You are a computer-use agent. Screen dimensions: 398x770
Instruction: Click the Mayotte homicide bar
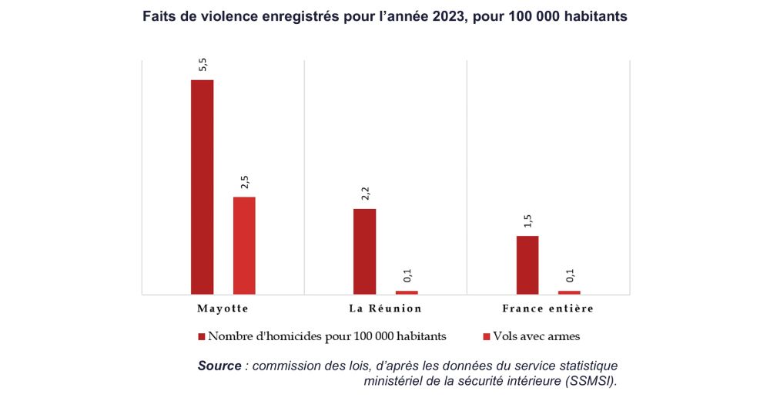pos(203,187)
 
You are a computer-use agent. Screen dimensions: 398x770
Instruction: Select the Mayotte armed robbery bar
pos(244,245)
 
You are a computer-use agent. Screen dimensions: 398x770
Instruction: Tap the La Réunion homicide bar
pos(365,251)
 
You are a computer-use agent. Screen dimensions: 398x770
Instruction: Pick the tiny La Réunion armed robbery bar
pos(407,292)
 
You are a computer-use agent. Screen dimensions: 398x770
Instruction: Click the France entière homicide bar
pos(527,265)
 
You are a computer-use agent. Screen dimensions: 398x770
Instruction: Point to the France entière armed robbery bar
pos(569,292)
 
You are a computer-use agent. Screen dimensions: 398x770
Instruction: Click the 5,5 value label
pos(203,64)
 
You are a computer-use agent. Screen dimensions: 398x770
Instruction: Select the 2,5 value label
pos(244,182)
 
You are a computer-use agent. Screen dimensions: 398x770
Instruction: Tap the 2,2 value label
pos(365,194)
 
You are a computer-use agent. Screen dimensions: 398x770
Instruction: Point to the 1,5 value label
pos(527,221)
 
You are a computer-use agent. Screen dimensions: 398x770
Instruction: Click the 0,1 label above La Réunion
pos(407,275)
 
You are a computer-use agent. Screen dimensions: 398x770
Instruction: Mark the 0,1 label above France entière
pos(569,275)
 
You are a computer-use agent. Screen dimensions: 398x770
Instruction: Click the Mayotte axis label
pos(223,309)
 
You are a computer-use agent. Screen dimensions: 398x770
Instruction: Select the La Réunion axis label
pos(385,309)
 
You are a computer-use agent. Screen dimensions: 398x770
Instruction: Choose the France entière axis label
pos(547,309)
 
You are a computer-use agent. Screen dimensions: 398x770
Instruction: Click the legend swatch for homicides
pos(202,336)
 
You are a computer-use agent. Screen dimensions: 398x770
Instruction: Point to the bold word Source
pos(219,366)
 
